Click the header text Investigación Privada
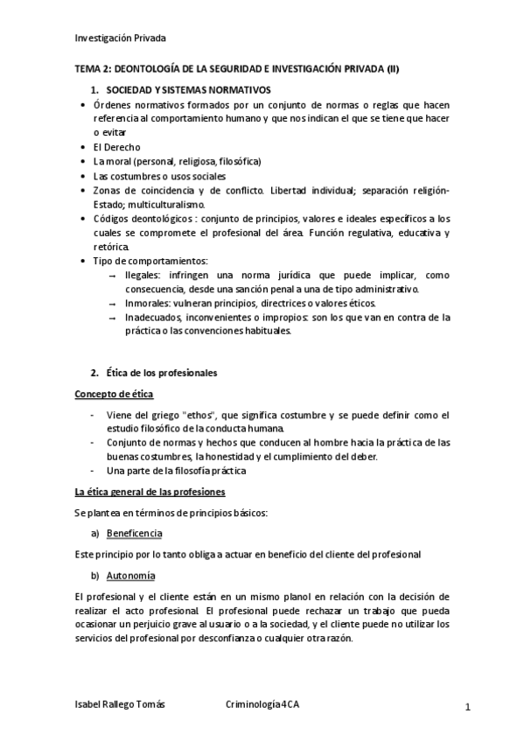tap(120, 38)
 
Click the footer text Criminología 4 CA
tap(262, 704)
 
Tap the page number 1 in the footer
tap(468, 706)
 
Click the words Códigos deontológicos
tap(140, 219)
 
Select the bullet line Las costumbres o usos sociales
tap(146, 176)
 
